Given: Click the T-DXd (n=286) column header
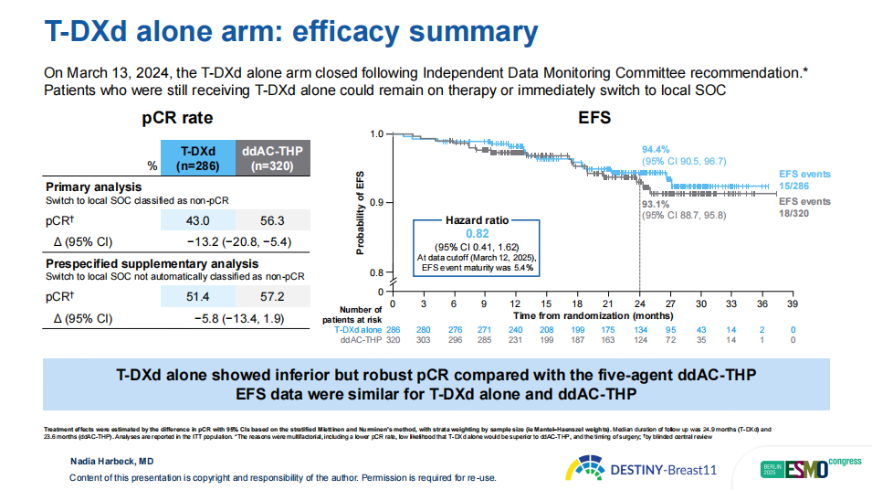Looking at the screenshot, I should pyautogui.click(x=197, y=158).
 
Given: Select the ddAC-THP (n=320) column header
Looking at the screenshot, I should pyautogui.click(x=273, y=158).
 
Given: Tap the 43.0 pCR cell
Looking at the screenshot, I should pyautogui.click(x=197, y=220).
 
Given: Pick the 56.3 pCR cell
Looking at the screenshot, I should pyautogui.click(x=273, y=220).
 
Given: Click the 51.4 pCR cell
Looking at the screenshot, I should pyautogui.click(x=197, y=297).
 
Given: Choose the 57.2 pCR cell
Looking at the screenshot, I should pyautogui.click(x=273, y=297).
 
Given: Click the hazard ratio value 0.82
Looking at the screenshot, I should pyautogui.click(x=477, y=234).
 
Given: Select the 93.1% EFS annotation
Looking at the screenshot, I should pyautogui.click(x=655, y=204).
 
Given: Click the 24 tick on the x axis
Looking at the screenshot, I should pyautogui.click(x=639, y=303).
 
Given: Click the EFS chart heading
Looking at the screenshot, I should pyautogui.click(x=594, y=119).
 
